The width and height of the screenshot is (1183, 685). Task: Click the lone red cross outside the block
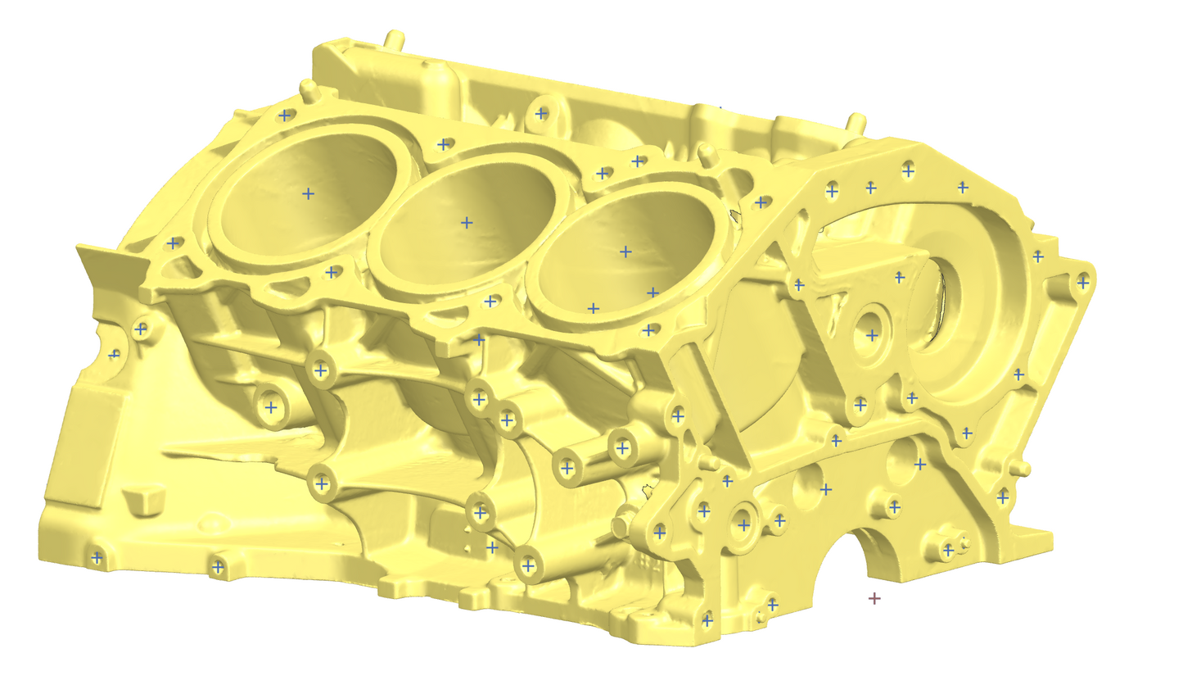874,599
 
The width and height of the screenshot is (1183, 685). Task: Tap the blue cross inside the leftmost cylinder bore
308,193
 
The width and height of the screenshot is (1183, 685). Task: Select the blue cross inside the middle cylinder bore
467,222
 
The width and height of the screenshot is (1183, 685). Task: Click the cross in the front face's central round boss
872,335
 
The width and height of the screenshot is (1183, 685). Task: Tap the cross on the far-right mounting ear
1083,282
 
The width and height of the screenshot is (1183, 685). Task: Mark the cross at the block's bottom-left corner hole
97,558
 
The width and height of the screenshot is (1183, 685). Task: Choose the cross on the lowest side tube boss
528,565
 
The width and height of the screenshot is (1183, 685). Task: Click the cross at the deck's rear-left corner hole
284,115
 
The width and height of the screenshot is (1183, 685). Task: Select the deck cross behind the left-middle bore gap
443,144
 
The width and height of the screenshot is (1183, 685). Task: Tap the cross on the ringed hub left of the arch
743,523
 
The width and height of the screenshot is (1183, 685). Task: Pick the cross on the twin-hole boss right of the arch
948,550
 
